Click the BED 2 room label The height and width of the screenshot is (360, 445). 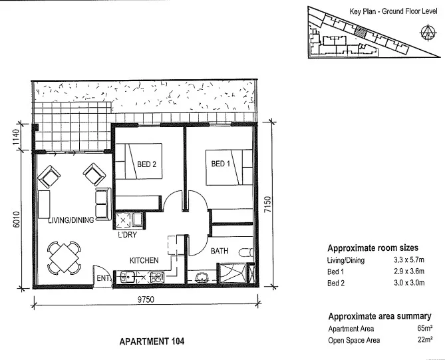[146, 166]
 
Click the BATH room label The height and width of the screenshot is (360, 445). [220, 252]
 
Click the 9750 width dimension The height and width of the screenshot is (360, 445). [146, 300]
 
